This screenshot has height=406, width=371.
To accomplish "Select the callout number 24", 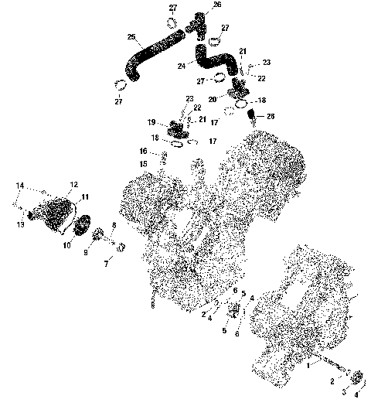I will (x=182, y=67).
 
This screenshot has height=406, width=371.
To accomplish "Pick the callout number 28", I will (x=270, y=116).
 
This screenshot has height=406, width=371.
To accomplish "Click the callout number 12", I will (x=74, y=184).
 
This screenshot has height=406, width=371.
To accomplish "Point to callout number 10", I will (x=66, y=245).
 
